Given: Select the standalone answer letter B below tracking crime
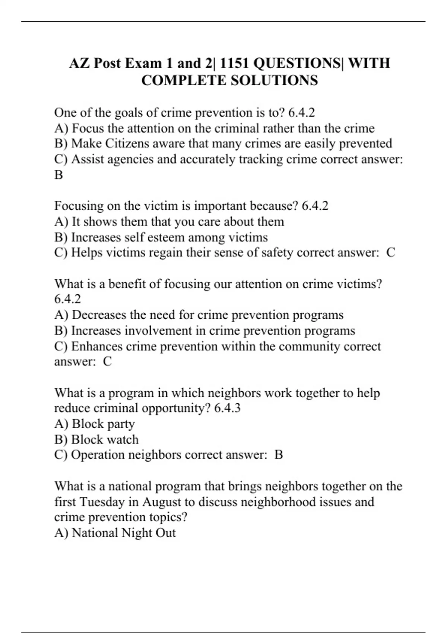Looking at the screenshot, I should pos(58,175).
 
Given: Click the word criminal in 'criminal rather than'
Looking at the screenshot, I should pos(237,128).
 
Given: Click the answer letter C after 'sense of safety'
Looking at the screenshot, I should pos(390,252).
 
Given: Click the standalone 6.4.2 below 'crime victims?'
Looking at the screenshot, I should pos(67,299).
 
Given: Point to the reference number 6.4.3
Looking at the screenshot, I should pos(227,408).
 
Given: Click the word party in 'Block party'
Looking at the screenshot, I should pos(121,424).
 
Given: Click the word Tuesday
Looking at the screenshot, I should pos(102,502).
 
